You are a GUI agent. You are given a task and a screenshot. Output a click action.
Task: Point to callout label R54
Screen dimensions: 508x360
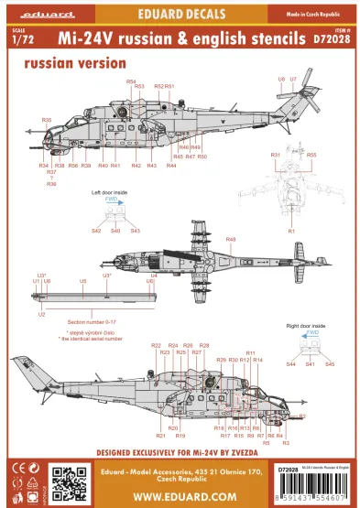[x=131, y=82]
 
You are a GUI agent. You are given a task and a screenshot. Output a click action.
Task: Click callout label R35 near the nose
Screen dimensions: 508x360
[x=47, y=120]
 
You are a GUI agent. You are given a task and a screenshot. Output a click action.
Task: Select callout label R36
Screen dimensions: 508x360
[x=51, y=184]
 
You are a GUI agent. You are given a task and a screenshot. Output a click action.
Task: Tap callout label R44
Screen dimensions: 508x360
[x=171, y=166]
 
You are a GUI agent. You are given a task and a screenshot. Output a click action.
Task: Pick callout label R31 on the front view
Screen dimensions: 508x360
[x=275, y=155]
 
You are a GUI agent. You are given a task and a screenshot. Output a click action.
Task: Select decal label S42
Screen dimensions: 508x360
[x=96, y=232]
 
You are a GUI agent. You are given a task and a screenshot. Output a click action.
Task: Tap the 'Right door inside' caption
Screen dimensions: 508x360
[x=306, y=326]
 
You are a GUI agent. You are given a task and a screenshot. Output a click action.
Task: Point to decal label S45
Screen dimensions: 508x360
[x=330, y=364]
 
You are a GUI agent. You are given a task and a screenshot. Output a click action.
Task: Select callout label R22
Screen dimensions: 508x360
[x=156, y=345]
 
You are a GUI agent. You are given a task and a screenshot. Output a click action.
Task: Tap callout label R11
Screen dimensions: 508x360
[x=251, y=352]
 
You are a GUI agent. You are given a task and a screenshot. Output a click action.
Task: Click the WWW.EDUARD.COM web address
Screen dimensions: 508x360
[x=180, y=495]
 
